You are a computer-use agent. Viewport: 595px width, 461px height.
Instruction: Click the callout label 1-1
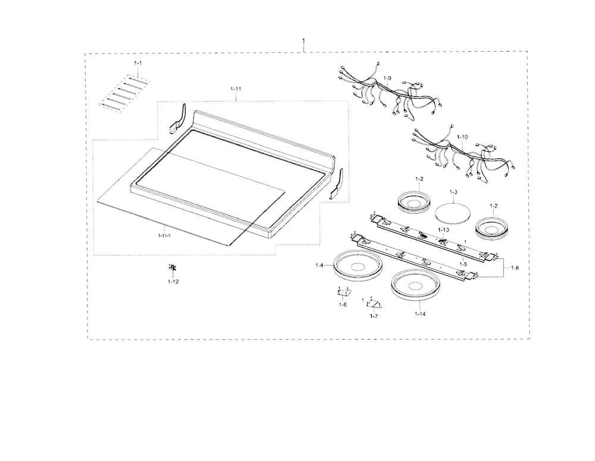pos(138,62)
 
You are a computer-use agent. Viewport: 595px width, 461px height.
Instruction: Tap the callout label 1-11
pos(236,89)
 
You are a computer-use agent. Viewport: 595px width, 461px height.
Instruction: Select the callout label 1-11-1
pos(164,236)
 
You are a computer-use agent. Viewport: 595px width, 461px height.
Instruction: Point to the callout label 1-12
pos(173,281)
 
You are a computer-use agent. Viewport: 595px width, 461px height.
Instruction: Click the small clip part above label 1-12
pos(173,268)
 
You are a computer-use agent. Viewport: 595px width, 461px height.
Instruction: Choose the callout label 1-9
pos(387,78)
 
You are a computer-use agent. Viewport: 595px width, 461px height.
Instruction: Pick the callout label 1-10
pos(462,137)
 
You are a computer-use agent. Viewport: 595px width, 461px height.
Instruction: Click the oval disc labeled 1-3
pos(452,211)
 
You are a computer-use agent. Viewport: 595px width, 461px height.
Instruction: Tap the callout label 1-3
pos(453,192)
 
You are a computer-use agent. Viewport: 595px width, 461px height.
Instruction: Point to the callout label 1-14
pos(420,314)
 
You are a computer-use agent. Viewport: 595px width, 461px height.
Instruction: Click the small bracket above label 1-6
pos(344,292)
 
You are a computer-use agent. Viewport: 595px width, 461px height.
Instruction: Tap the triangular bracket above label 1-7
pos(375,303)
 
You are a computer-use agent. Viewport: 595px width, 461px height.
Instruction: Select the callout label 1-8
pos(515,268)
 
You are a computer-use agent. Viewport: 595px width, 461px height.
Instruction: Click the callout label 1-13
pos(443,230)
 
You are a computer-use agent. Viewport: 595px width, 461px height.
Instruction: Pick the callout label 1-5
pos(464,264)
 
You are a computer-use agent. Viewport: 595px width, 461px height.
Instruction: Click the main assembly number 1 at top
pos(303,40)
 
